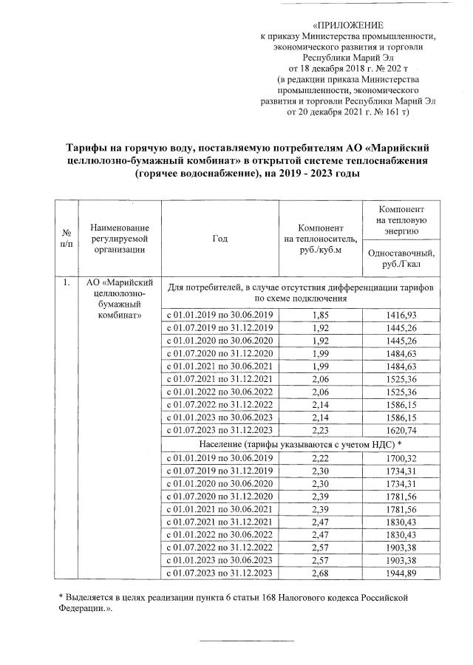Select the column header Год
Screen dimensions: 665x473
[220, 238]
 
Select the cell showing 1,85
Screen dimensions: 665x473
[321, 316]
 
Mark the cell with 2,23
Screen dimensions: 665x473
[321, 430]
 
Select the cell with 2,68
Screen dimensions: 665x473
[321, 573]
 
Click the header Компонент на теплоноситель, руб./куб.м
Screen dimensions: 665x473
[321, 238]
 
